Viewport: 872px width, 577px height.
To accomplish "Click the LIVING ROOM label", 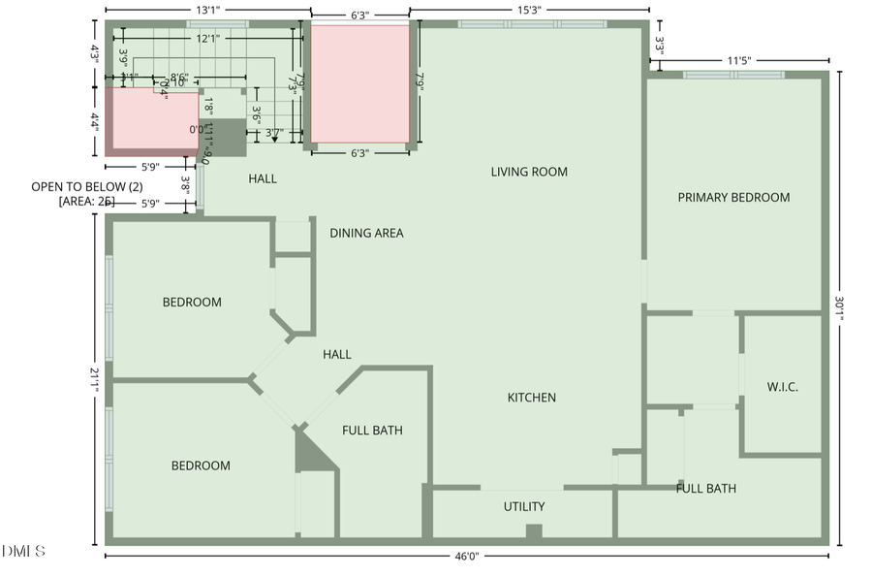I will point(529,172).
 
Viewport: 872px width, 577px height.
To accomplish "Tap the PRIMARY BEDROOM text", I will point(733,197).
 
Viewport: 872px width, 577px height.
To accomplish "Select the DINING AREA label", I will point(366,233).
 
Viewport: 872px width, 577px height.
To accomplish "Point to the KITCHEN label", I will point(532,398).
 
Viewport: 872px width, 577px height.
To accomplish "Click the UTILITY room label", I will point(524,506).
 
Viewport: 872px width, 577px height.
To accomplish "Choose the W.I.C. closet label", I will point(782,387).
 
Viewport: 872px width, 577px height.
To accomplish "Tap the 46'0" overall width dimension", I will point(467,557).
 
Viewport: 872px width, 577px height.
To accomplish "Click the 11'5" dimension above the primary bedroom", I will point(738,60).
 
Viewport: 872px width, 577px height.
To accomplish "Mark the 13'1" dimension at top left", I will point(206,10).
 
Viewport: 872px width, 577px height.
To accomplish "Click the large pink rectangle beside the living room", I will point(359,83).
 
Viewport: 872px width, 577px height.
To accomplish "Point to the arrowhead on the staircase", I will point(275,139).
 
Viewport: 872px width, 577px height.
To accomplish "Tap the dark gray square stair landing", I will point(227,138).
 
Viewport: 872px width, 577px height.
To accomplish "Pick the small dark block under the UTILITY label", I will point(533,530).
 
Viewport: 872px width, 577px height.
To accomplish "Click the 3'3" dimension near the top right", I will point(659,45).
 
